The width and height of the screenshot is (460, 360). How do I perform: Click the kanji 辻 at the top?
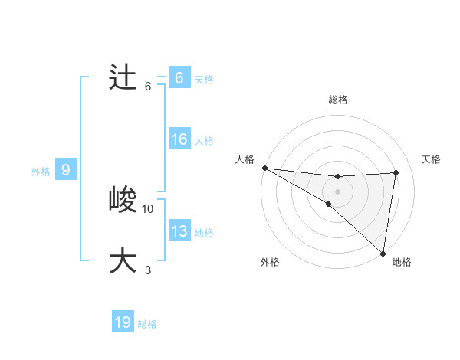(123, 78)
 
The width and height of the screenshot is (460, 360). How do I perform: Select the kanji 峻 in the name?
(123, 201)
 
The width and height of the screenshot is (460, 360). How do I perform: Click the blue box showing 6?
(179, 78)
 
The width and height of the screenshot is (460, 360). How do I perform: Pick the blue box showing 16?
(179, 139)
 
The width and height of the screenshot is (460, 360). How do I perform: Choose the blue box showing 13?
(179, 231)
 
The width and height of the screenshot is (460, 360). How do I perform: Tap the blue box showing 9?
(66, 170)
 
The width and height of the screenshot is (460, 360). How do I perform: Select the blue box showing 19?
(123, 322)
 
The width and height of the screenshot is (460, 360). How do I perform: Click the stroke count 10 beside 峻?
(148, 208)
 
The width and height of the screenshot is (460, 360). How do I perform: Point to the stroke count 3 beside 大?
(148, 270)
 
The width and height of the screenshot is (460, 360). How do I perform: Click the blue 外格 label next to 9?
(41, 172)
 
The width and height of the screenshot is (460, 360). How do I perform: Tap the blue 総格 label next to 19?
(147, 324)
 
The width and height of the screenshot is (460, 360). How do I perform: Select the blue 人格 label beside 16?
(204, 141)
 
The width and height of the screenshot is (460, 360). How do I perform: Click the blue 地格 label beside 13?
(204, 233)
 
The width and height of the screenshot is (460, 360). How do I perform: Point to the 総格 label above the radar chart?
(337, 100)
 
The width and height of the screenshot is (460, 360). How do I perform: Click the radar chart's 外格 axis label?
(270, 262)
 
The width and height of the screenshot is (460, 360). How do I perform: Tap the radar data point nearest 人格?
(264, 167)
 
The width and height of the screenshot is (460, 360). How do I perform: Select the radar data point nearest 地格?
(383, 253)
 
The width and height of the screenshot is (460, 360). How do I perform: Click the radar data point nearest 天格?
(396, 172)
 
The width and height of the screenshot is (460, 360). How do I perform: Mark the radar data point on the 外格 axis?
(328, 204)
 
